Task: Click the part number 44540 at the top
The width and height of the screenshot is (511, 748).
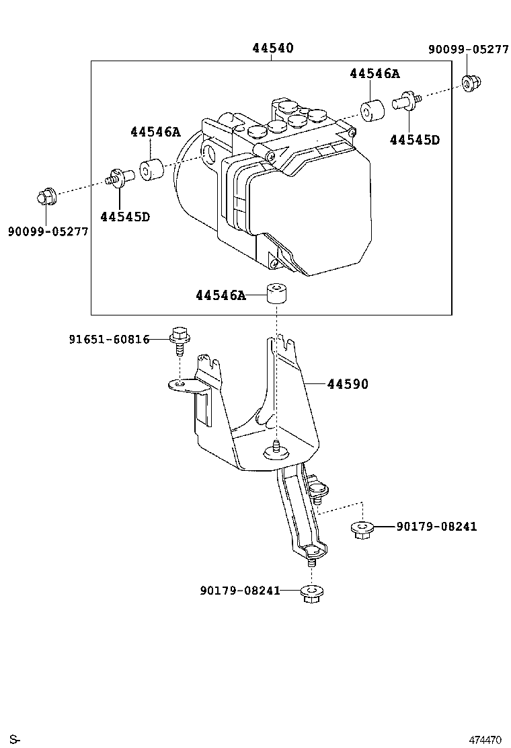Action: (x=272, y=48)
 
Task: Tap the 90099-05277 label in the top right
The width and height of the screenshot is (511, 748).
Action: (x=468, y=49)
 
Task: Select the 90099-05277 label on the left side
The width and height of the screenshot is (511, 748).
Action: (x=48, y=231)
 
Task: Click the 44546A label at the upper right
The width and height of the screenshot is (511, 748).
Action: (x=375, y=74)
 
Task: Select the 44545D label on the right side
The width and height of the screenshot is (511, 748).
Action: (x=414, y=140)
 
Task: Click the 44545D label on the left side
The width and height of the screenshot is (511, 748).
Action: (x=124, y=217)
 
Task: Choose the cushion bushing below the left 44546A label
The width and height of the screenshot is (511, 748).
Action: (x=153, y=170)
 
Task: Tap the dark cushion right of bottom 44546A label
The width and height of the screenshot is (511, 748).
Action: (x=276, y=294)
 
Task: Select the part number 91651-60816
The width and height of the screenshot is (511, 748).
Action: (x=109, y=340)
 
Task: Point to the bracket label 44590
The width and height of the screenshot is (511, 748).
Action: (x=348, y=384)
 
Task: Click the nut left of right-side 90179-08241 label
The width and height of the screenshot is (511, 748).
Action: (x=362, y=529)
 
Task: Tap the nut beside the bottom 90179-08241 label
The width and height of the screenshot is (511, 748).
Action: (x=311, y=593)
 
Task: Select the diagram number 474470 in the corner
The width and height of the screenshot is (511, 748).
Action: (x=484, y=739)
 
